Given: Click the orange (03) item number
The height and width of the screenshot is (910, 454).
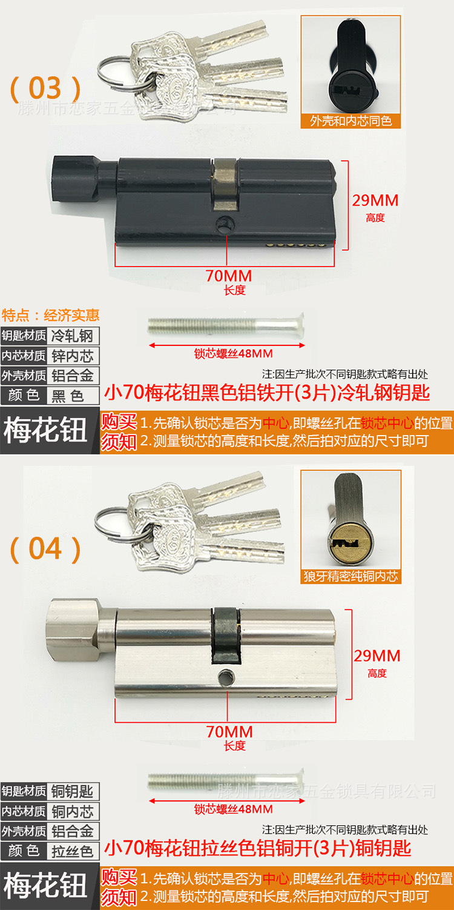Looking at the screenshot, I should click(45, 88).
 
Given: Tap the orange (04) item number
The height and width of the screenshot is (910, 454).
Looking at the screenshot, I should click(45, 549).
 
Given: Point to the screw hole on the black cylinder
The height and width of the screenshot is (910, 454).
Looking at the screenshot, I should click(225, 223).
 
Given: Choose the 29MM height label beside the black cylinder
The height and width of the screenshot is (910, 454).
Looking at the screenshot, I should click(375, 201).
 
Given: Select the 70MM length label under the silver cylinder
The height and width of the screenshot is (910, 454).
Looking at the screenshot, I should click(229, 731).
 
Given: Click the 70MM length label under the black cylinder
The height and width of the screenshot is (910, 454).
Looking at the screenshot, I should click(229, 276).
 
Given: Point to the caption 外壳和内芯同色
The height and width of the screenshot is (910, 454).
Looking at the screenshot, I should click(351, 121).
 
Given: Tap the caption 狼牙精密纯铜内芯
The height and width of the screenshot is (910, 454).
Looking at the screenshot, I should click(351, 576).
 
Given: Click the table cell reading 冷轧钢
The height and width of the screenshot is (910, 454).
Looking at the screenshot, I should click(73, 336).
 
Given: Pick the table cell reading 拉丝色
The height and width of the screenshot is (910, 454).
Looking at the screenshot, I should click(73, 851).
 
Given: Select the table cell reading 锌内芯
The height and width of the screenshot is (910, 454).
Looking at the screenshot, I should click(73, 356).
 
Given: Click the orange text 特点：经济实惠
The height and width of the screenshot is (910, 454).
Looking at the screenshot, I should click(51, 315).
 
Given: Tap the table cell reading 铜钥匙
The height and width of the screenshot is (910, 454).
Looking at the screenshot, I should click(73, 791).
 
